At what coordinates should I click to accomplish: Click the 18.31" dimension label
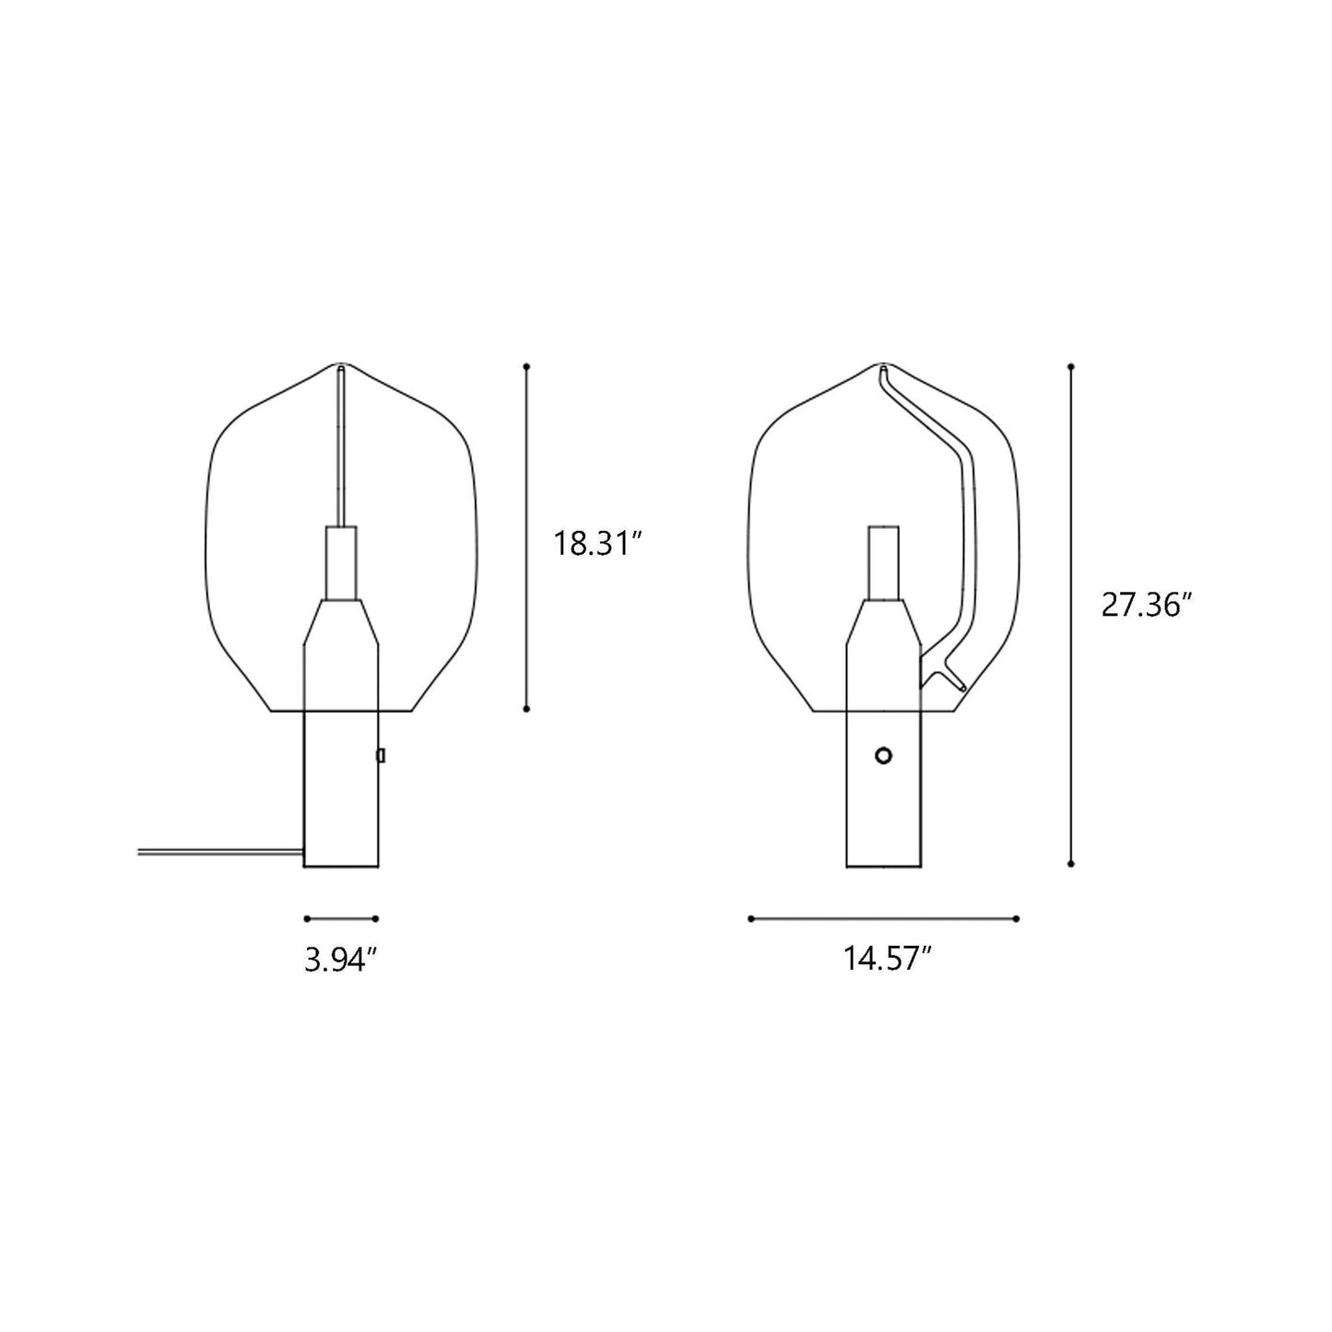click(x=595, y=543)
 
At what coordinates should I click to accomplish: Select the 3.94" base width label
click(x=342, y=961)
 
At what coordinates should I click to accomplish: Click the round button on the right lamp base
click(x=883, y=756)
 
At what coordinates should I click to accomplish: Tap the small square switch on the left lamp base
click(x=380, y=756)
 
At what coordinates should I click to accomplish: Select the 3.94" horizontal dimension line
click(x=342, y=918)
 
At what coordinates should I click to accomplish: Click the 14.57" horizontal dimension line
click(x=883, y=918)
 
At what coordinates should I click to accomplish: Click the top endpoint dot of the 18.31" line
click(x=526, y=367)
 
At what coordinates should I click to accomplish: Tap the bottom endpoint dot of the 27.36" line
click(x=1070, y=864)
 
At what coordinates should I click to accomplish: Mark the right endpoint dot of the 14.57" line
click(x=1016, y=918)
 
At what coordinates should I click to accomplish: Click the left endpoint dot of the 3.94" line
click(x=306, y=918)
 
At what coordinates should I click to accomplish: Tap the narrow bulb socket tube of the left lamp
click(x=340, y=562)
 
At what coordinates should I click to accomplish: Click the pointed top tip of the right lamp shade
click(x=883, y=368)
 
